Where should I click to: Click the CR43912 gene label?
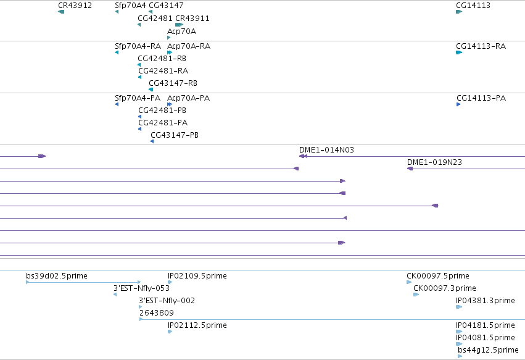point(75,6)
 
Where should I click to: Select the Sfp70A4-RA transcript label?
point(138,46)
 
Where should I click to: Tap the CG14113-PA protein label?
point(481,98)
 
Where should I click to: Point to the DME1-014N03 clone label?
point(326,150)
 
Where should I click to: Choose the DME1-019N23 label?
point(434,162)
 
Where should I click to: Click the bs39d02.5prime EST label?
point(57,276)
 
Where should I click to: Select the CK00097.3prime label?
point(445,288)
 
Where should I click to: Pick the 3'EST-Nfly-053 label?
point(142,288)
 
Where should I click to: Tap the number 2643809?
point(157,313)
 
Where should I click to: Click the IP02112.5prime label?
point(197,325)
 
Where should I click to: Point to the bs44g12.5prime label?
point(488,350)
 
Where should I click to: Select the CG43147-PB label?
point(175,135)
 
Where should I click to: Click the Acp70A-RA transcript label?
point(189,46)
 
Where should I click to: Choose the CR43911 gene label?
point(192,19)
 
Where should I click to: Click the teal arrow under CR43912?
point(61,12)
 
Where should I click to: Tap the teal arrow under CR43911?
point(179,25)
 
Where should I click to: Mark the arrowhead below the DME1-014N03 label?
point(303,156)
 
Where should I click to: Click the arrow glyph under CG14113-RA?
point(459,52)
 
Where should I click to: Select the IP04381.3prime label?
point(486,301)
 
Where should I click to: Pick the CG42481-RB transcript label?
point(162,59)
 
